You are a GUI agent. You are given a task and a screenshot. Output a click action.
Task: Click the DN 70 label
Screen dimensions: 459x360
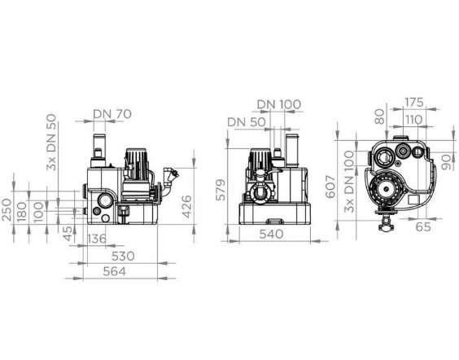click(112, 114)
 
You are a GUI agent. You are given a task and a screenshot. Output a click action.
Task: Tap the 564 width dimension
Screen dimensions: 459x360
click(115, 271)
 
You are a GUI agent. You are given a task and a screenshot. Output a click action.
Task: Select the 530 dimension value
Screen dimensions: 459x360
click(123, 257)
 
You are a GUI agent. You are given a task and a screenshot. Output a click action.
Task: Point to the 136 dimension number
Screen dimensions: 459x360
click(97, 239)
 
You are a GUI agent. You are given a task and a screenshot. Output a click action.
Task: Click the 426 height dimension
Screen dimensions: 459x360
click(186, 207)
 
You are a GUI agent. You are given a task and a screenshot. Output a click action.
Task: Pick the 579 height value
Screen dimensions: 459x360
click(221, 190)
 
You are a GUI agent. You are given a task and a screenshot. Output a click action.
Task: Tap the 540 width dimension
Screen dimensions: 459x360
click(271, 234)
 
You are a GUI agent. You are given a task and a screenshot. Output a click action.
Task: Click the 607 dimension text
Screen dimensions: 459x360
click(330, 187)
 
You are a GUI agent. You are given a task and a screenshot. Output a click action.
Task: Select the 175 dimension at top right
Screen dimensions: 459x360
click(414, 103)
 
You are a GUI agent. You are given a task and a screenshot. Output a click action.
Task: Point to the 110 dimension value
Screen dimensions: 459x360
click(413, 120)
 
